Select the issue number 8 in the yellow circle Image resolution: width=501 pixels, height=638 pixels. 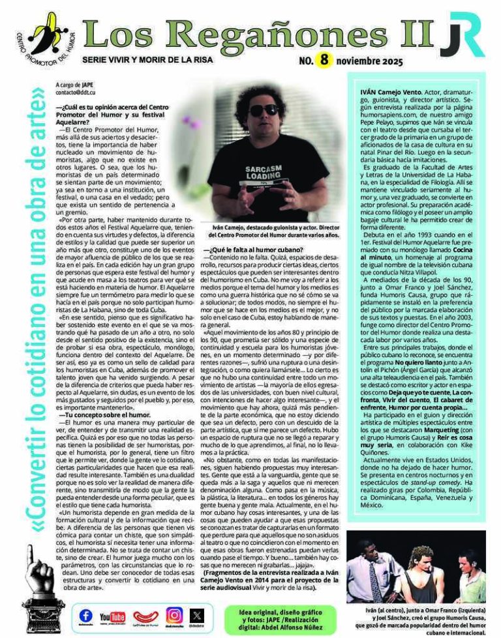pyautogui.click(x=324, y=61)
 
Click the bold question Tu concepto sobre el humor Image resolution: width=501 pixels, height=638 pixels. pyautogui.click(x=97, y=414)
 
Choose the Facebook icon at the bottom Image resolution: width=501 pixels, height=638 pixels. pyautogui.click(x=86, y=615)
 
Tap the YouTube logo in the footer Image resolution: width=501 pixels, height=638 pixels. pyautogui.click(x=112, y=615)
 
